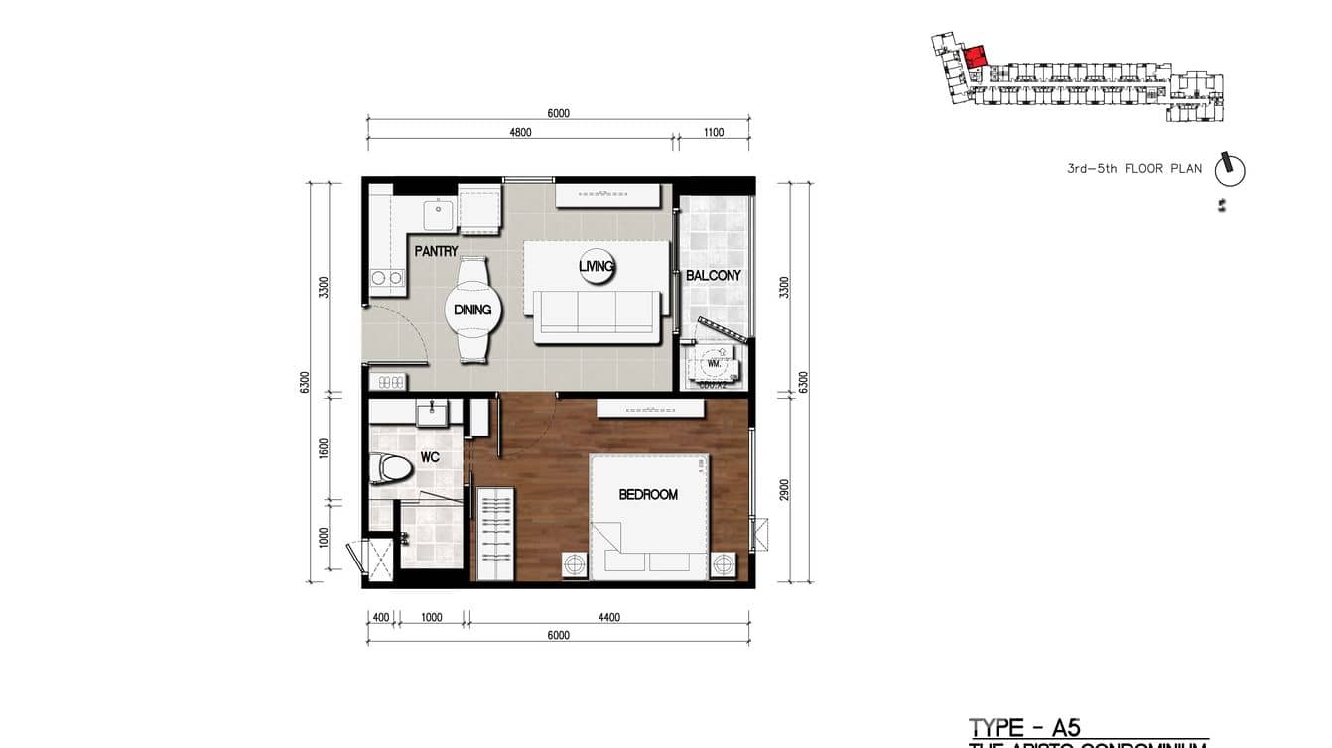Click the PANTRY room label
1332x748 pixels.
pyautogui.click(x=436, y=251)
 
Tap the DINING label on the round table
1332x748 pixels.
pyautogui.click(x=472, y=310)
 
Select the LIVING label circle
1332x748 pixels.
pyautogui.click(x=597, y=266)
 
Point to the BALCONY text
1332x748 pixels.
pyautogui.click(x=714, y=275)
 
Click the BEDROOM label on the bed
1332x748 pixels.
pyautogui.click(x=648, y=494)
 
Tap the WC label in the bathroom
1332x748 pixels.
pyautogui.click(x=429, y=457)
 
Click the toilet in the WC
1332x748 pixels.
pyautogui.click(x=389, y=469)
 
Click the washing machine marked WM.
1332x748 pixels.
pyautogui.click(x=713, y=364)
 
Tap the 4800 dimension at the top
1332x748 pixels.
pyautogui.click(x=520, y=132)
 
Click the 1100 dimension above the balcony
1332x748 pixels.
pyautogui.click(x=713, y=132)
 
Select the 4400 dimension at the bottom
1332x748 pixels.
pyautogui.click(x=609, y=617)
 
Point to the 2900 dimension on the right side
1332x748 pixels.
pyautogui.click(x=783, y=489)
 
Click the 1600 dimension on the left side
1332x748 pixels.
pyautogui.click(x=324, y=448)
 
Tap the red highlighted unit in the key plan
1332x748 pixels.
pyautogui.click(x=976, y=57)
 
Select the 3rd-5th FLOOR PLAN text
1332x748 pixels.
pyautogui.click(x=1133, y=169)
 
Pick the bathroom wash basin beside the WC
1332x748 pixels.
pyautogui.click(x=432, y=412)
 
